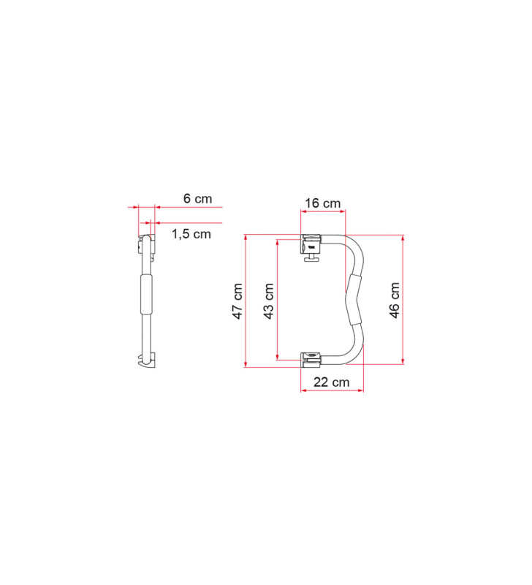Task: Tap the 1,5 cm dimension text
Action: click(x=191, y=234)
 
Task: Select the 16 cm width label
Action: click(x=322, y=203)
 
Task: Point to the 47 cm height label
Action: click(x=237, y=301)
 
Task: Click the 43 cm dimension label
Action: click(x=269, y=301)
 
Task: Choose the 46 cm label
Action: click(x=395, y=300)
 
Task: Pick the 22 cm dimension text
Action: click(x=331, y=382)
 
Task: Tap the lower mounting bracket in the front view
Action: click(x=313, y=358)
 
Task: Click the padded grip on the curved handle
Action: click(x=356, y=300)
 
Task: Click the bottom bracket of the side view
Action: click(x=146, y=360)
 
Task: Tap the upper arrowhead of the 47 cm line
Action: click(x=246, y=237)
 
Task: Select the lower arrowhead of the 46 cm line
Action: click(x=403, y=361)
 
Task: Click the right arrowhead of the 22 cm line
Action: click(x=361, y=390)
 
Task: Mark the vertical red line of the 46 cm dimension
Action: click(x=403, y=322)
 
